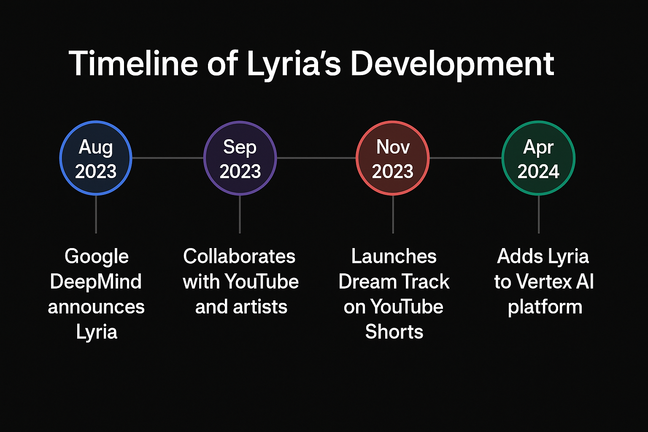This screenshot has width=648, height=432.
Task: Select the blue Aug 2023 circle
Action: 96,158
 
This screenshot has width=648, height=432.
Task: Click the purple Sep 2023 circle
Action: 240,158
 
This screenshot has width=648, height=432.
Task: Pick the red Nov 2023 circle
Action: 393,158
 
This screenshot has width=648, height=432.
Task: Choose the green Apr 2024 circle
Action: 538,158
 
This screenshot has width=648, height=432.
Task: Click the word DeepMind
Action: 96,282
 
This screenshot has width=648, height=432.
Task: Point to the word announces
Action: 96,307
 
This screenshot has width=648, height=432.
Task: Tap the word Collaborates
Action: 239,256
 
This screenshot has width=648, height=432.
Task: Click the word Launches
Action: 394,256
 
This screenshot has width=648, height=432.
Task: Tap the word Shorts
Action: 394,332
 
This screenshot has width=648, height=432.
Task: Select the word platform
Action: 545,307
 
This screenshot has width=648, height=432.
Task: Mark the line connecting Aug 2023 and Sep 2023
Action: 168,158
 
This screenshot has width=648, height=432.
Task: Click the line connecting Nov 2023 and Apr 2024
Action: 465,158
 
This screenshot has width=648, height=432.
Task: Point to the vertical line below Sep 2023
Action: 240,214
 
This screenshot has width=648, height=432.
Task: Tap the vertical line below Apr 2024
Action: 539,214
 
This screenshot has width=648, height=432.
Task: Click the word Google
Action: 97,256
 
